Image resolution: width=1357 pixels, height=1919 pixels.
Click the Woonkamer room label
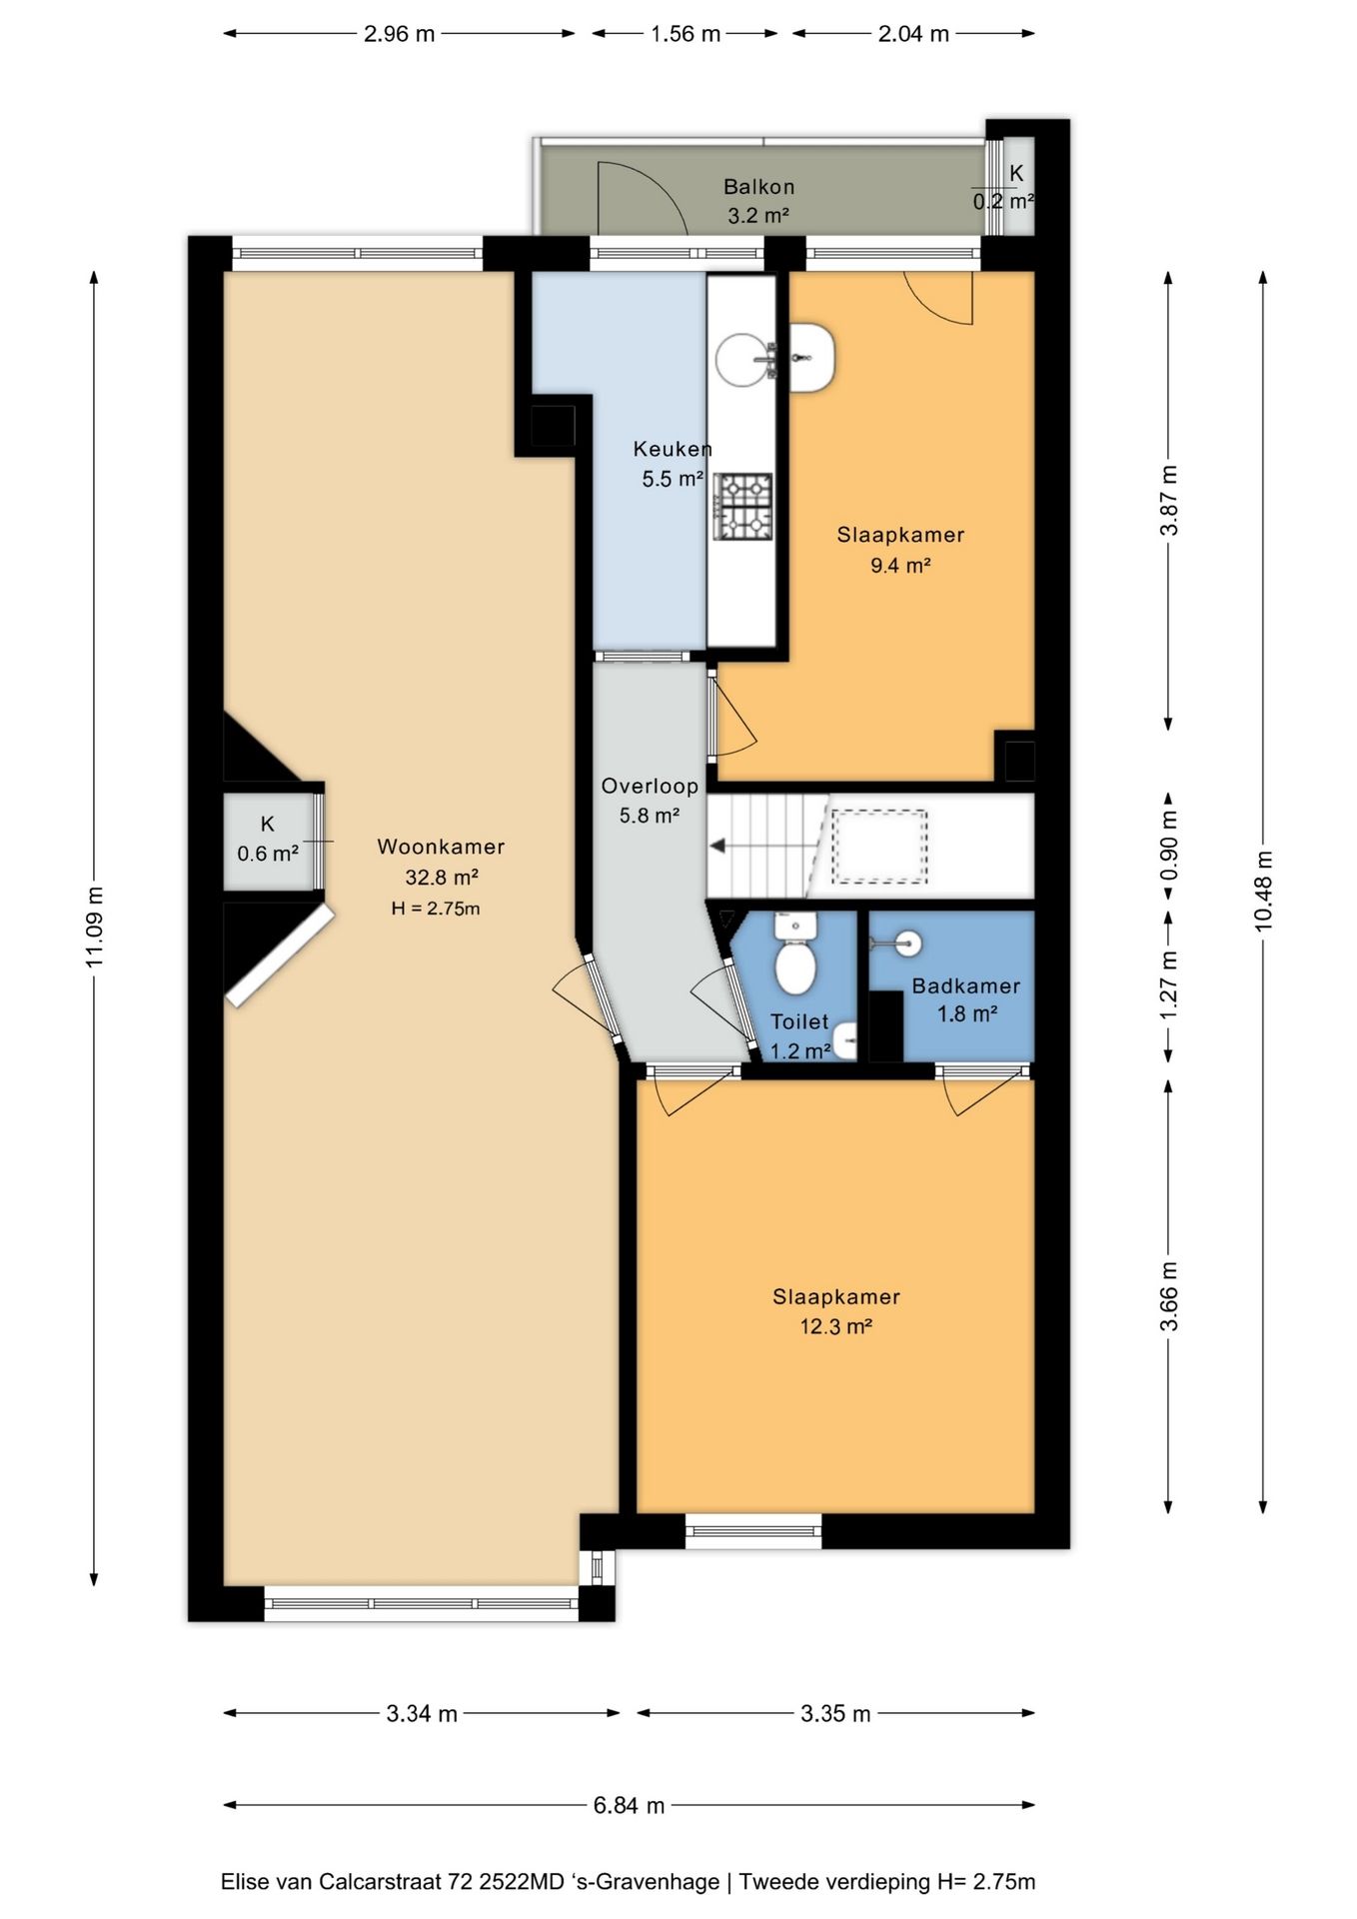coord(441,847)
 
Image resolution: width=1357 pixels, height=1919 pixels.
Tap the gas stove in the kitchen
coord(742,505)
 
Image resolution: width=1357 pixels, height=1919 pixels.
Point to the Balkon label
coord(759,187)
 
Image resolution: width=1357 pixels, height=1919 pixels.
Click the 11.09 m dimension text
coord(95,927)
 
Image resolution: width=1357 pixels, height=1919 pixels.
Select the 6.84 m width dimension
coord(629,1805)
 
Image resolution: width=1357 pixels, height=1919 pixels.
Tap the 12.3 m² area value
coord(836,1327)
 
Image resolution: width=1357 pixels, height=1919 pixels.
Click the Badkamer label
coord(966,986)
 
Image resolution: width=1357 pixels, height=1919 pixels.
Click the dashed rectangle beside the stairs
coord(880,847)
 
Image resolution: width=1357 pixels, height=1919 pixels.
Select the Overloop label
coord(650,787)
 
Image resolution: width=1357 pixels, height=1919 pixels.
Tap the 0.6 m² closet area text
coord(268,854)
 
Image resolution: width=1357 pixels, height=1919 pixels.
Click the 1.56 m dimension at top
coord(685,34)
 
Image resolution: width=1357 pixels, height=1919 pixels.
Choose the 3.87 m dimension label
coord(1169,500)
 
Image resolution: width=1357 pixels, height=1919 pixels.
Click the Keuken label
coord(673,450)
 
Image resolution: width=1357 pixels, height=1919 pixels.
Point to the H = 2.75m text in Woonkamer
coord(436,910)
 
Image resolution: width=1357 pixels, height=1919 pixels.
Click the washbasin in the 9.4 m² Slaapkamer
coord(811,358)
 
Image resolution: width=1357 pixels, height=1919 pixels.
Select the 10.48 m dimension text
coord(1264,891)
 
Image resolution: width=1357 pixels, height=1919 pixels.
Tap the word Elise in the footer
coord(244,1882)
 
